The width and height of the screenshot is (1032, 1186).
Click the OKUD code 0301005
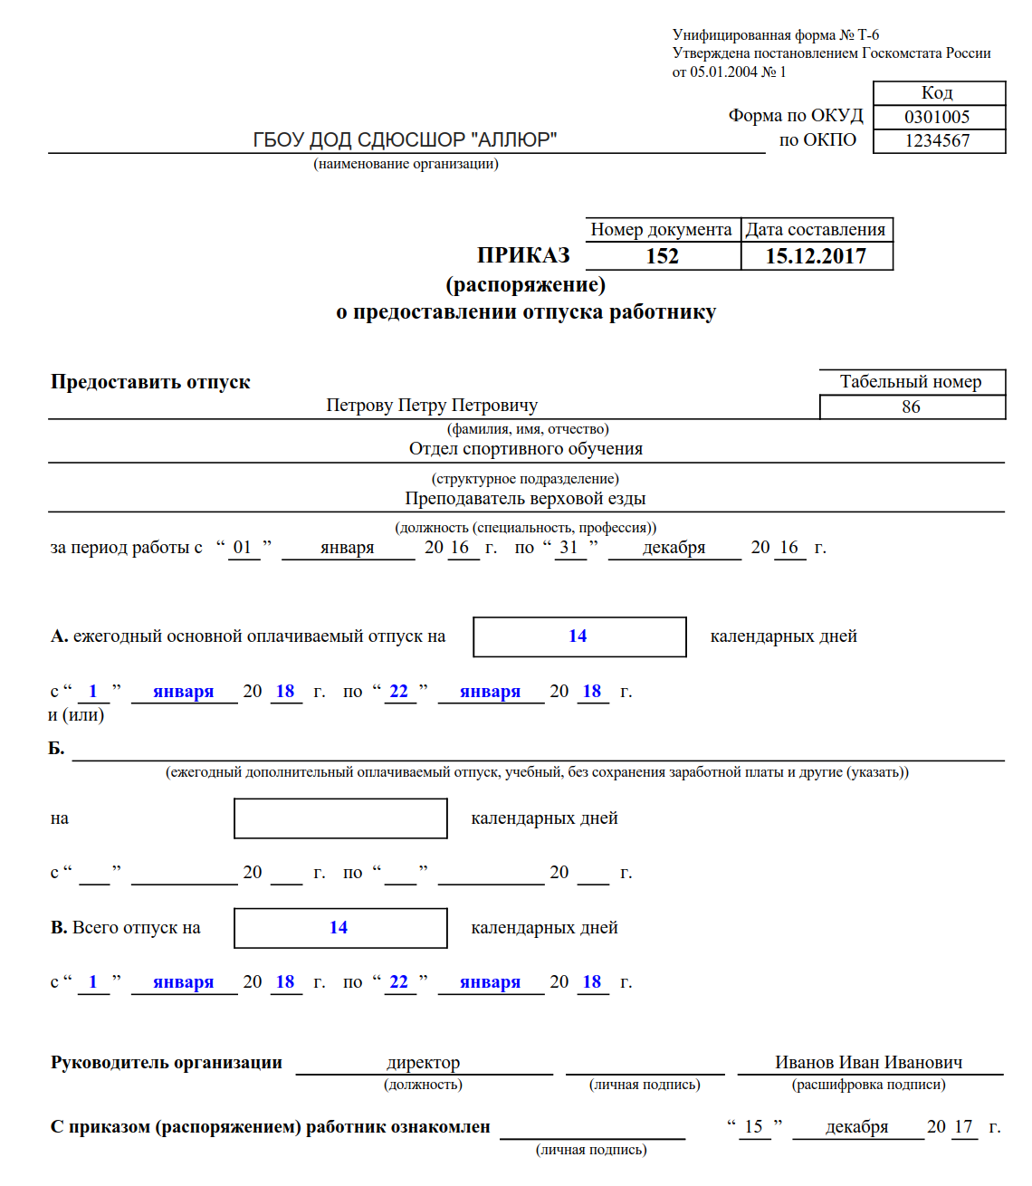(x=937, y=117)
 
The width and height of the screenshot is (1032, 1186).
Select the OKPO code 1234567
(x=937, y=140)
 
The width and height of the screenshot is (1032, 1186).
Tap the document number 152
(x=663, y=256)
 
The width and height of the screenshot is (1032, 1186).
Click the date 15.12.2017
(x=816, y=256)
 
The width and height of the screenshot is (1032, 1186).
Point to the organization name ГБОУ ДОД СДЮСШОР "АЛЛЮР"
(x=405, y=139)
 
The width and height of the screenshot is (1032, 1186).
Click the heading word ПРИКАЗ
(x=524, y=255)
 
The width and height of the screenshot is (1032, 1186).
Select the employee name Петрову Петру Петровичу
(x=432, y=405)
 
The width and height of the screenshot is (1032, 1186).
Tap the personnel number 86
(x=911, y=406)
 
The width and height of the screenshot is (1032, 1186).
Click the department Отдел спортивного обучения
(x=526, y=448)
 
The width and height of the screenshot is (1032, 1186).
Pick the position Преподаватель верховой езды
(x=525, y=498)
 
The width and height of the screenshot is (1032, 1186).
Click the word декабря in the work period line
(x=674, y=547)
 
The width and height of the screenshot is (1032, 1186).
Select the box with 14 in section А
(x=578, y=636)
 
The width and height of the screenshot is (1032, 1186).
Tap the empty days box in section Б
(x=340, y=818)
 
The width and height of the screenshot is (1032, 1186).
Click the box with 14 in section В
(x=339, y=927)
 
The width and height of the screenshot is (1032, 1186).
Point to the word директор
(x=423, y=1062)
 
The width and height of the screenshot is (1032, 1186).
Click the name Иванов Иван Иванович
(x=868, y=1062)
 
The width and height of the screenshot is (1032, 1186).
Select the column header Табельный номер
(x=911, y=381)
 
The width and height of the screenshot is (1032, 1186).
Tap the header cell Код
(x=937, y=92)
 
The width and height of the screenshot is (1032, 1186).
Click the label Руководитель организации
(x=167, y=1062)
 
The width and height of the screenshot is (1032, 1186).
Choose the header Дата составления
(x=816, y=229)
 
